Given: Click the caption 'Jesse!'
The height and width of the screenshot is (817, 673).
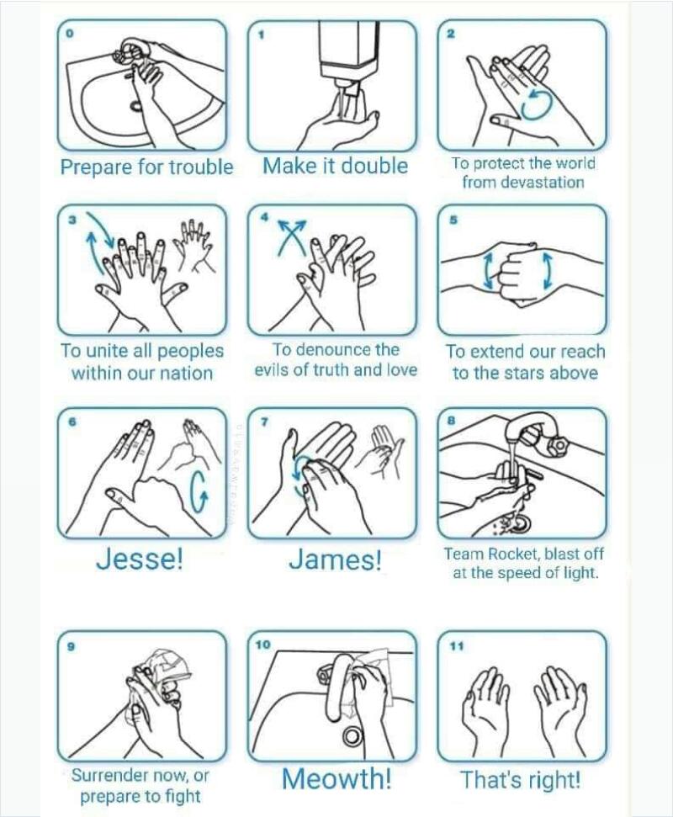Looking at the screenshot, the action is (x=139, y=559).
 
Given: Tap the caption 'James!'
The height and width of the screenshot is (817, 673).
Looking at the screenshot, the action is (x=335, y=560).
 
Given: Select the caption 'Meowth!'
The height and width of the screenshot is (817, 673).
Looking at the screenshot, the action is (x=336, y=778).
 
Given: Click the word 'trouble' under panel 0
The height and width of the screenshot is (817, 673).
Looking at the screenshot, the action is (x=201, y=167).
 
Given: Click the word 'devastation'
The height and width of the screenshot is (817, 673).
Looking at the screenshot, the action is (x=523, y=183).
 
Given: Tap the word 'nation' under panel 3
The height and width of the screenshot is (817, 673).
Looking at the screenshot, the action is (x=186, y=373).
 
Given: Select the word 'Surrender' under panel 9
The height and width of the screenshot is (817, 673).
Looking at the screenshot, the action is (x=110, y=775).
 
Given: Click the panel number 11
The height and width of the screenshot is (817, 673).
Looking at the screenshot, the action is (x=456, y=646).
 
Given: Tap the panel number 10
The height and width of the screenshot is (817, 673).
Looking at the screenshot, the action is (x=262, y=645).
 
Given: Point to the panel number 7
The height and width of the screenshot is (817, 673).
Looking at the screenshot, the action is (x=263, y=422).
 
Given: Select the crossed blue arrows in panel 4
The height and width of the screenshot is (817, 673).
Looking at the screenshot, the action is (x=291, y=236).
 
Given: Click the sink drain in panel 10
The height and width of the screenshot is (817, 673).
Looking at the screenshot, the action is (x=352, y=735).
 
